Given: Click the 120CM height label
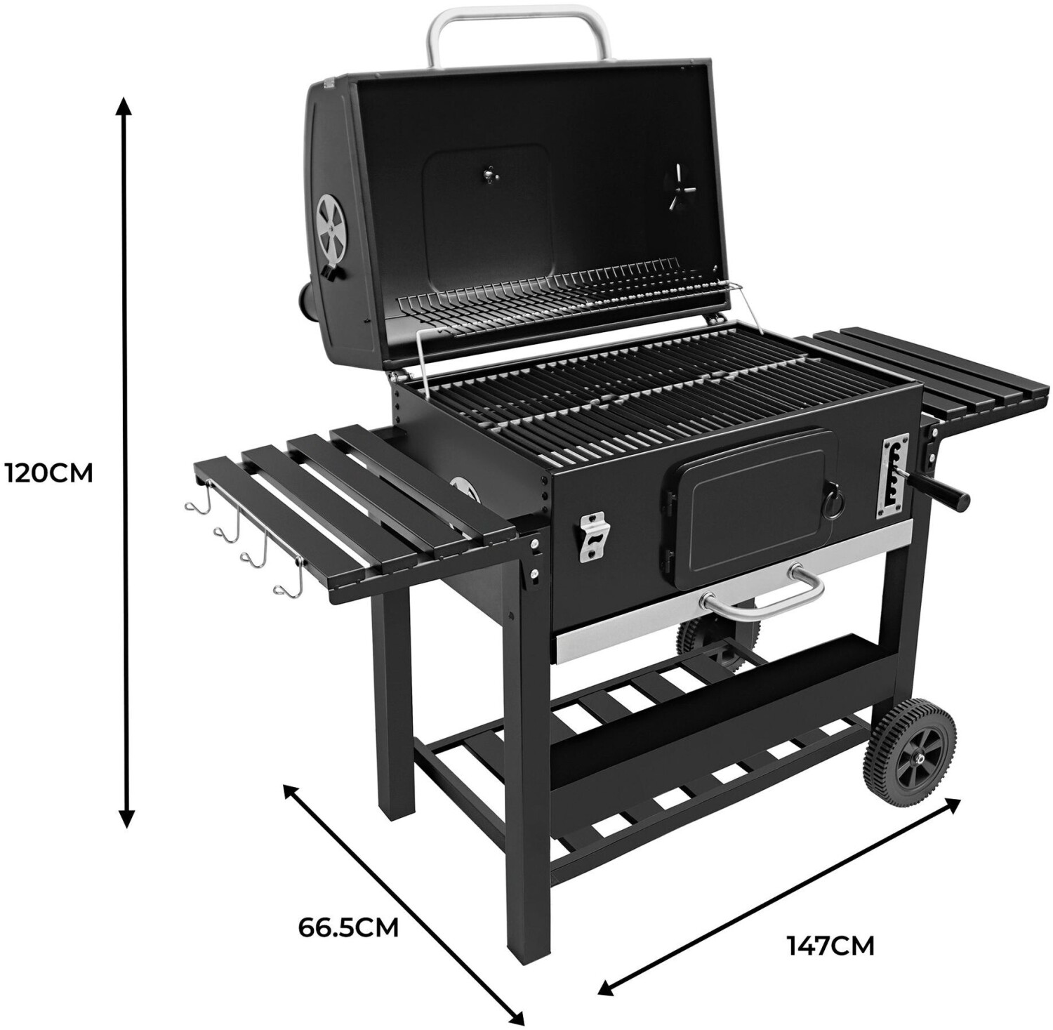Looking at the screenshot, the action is pos(48,473).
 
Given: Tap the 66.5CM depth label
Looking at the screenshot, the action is pos(348,927).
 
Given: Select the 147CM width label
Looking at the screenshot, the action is pos(830,946).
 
